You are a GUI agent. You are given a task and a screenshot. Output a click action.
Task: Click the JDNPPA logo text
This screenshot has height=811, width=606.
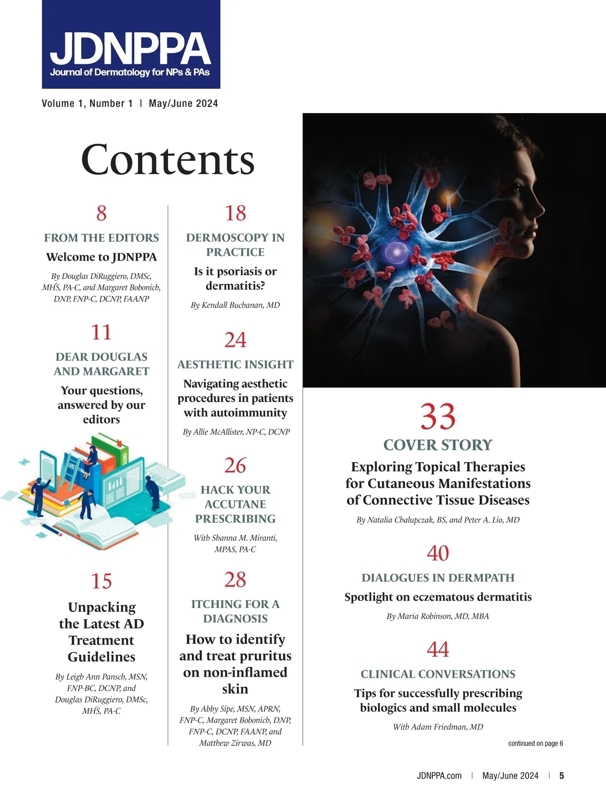coord(130,48)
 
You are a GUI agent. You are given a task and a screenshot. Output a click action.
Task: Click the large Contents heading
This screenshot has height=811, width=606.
coord(168,160)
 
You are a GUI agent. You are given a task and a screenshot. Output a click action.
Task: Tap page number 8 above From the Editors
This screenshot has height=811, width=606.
coord(102,213)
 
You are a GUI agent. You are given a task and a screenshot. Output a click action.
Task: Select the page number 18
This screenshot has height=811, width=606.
coord(235,213)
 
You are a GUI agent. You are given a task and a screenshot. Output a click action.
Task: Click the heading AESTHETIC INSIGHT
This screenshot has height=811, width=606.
coord(235,364)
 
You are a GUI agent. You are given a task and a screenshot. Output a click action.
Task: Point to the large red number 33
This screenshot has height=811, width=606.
coord(438,417)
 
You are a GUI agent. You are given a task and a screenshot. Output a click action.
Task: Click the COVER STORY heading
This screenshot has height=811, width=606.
coord(438,445)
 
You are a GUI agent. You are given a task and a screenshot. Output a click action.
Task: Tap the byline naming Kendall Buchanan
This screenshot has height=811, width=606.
coord(235,305)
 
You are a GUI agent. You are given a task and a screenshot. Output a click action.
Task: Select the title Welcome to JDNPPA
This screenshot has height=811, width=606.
coord(102,257)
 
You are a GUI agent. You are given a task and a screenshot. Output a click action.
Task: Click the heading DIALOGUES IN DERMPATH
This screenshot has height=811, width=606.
coord(438,578)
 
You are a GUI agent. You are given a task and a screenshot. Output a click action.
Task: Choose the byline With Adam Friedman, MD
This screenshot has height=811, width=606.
coord(438,727)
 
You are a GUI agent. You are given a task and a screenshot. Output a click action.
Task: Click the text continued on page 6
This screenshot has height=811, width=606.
coord(535,743)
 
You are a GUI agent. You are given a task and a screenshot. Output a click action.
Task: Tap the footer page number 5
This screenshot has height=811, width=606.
coord(562,776)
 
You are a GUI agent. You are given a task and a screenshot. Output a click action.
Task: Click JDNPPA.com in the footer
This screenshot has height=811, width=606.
coord(439,776)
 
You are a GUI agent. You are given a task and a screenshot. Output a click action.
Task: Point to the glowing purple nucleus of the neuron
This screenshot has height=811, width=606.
coord(393,250)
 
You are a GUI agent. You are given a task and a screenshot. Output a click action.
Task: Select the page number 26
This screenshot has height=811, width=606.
coord(235,466)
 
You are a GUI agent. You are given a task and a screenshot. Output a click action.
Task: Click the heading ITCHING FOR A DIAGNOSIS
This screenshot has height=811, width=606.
coord(235,611)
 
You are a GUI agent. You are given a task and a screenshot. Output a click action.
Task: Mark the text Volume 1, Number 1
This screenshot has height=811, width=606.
coord(87,104)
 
